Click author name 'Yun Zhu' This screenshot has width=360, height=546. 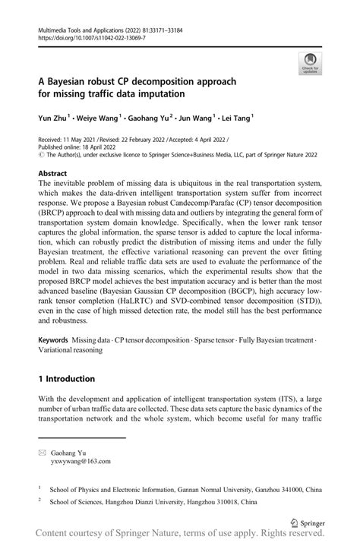click(54, 118)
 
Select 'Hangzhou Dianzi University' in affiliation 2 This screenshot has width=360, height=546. click(144, 502)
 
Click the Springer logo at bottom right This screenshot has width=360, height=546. click(309, 523)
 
